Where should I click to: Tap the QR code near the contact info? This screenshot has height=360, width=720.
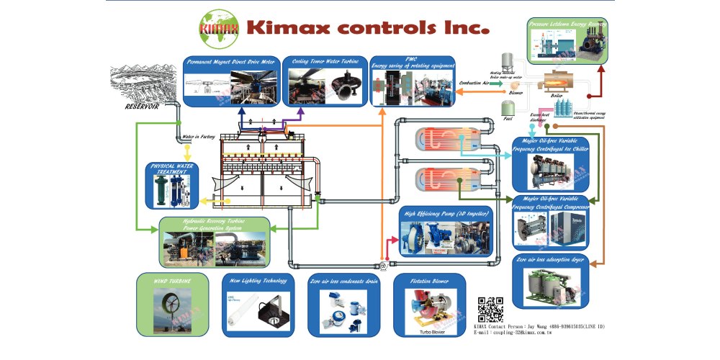tap(490, 308)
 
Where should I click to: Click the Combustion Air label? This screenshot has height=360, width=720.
tap(476, 84)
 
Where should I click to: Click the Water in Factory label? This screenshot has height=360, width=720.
tap(197, 136)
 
